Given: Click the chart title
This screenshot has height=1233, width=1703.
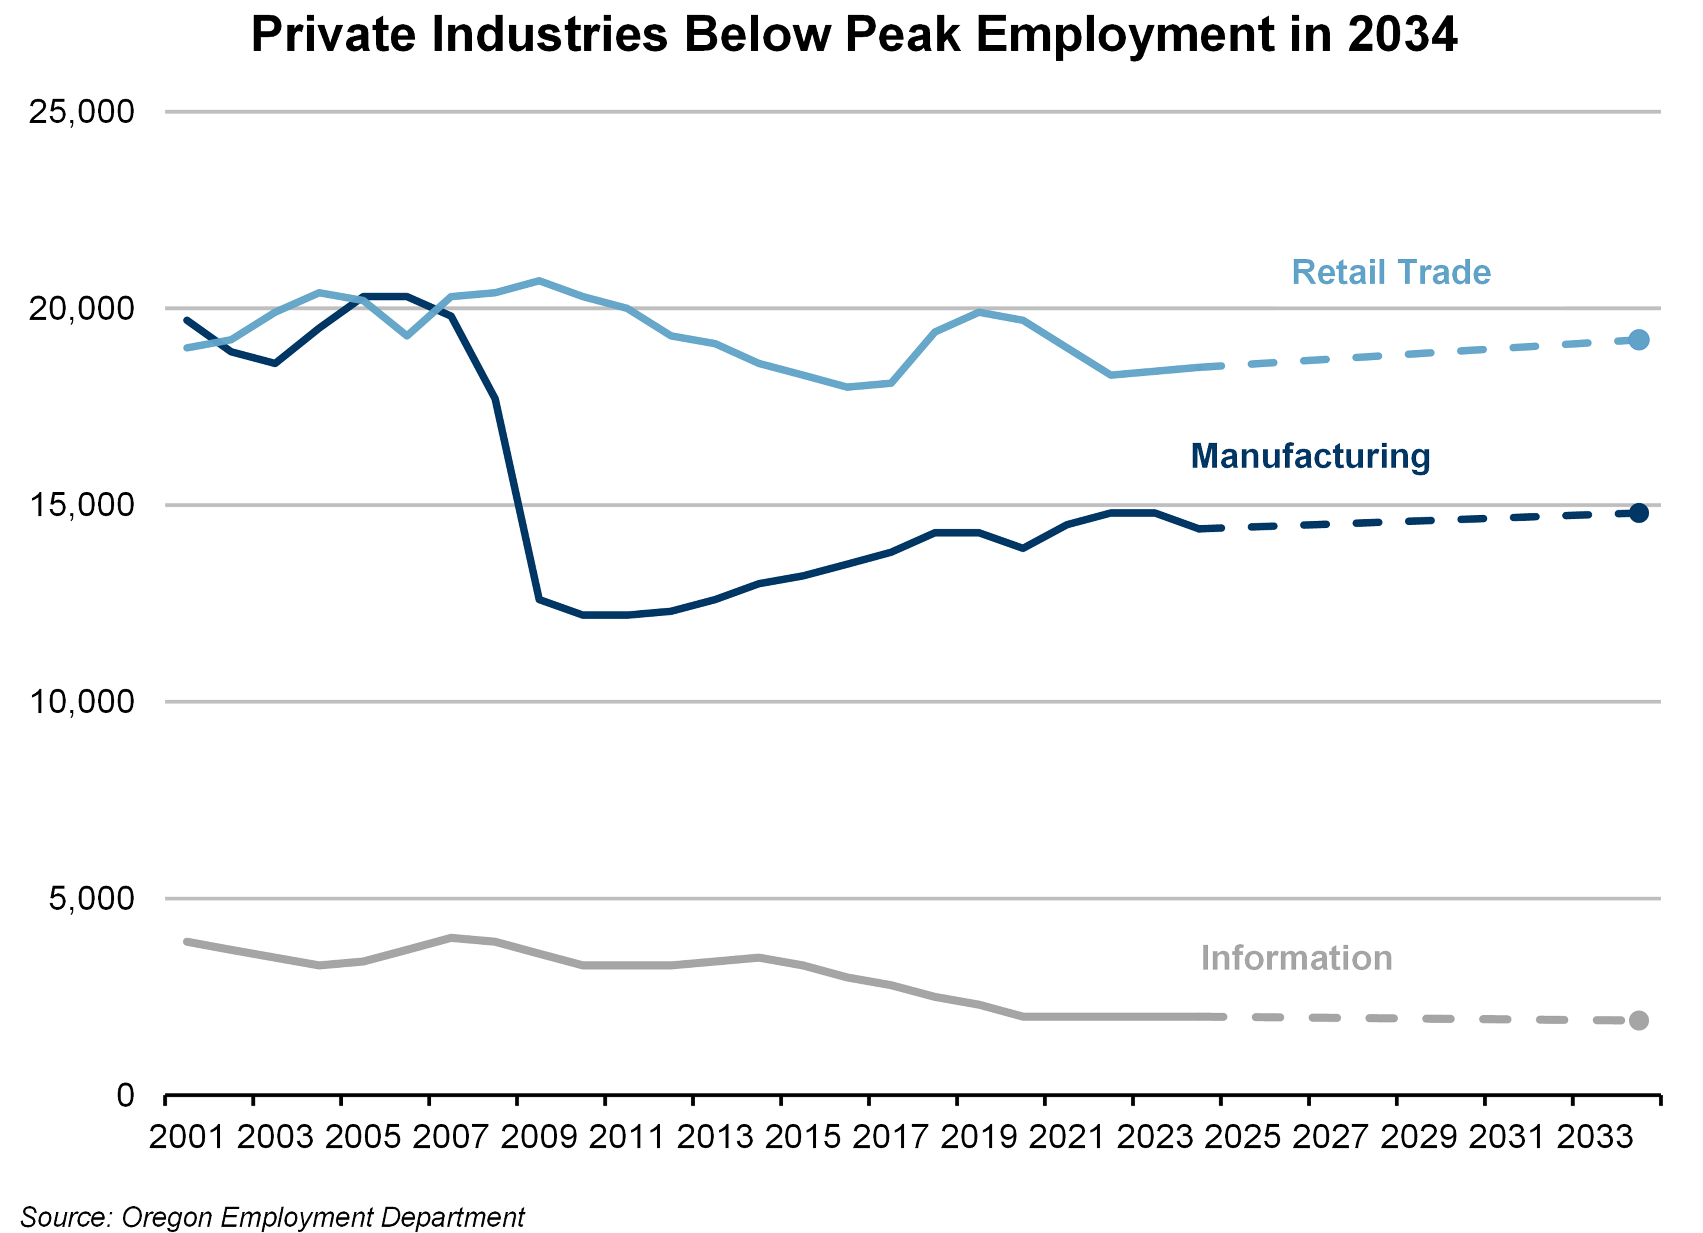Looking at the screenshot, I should click(x=854, y=34).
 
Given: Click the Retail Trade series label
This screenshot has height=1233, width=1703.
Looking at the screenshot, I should click(x=1391, y=272).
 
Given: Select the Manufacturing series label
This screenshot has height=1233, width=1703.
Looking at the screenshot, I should click(x=1310, y=456).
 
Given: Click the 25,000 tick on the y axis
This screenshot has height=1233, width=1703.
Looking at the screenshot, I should click(x=81, y=112).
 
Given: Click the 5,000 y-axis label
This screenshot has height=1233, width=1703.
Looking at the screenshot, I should click(x=91, y=898).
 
